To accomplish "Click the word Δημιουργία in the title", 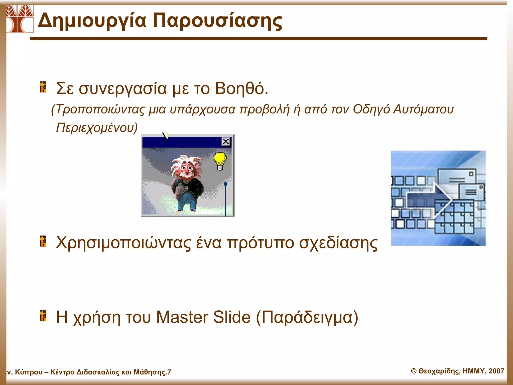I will (92, 21).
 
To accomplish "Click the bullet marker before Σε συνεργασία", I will (43, 87).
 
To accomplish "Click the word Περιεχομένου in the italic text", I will (97, 128).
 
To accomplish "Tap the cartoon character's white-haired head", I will (187, 167).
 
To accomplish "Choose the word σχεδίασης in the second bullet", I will (338, 243).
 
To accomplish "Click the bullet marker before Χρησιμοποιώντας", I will (43, 241).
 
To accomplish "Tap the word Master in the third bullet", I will (182, 317).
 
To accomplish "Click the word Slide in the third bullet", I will (232, 317).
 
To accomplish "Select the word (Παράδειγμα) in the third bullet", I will (307, 318).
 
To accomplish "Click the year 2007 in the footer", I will (496, 371).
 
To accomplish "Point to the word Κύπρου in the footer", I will (29, 372).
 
